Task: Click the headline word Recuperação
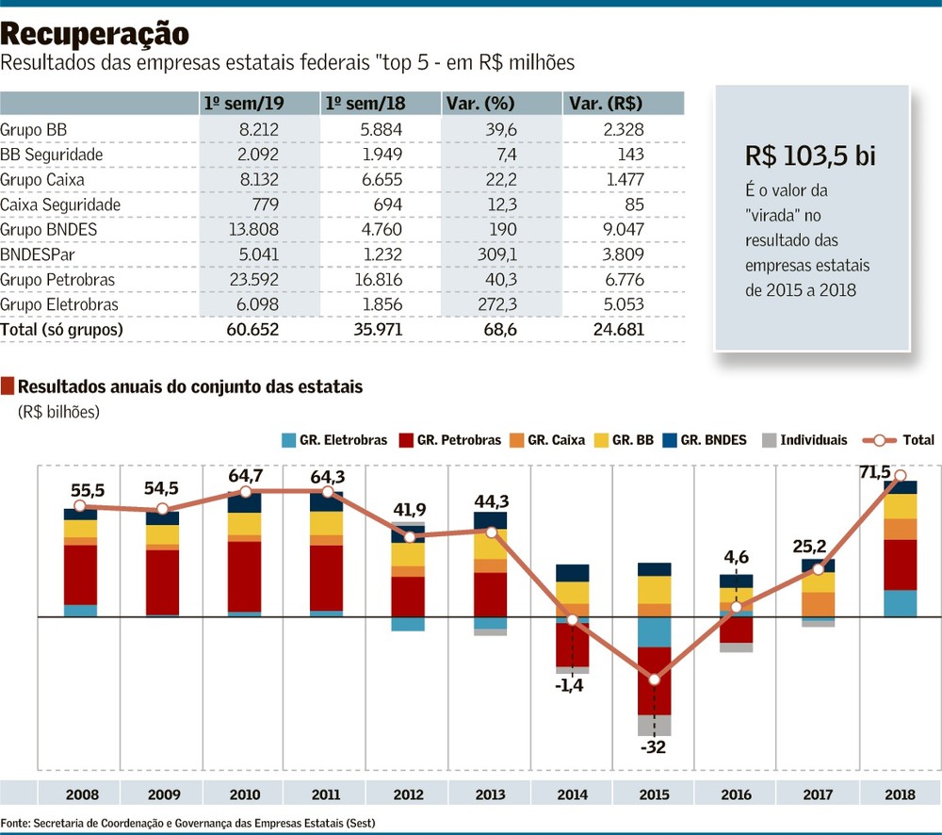(94, 34)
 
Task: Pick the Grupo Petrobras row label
(58, 279)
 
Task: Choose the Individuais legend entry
(805, 439)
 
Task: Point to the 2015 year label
(655, 794)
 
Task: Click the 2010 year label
(244, 794)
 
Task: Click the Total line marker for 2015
(655, 679)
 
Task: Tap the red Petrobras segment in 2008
(80, 574)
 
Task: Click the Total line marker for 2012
(408, 536)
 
